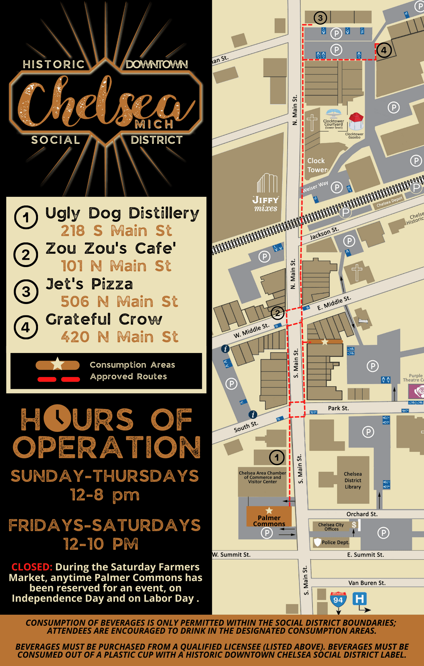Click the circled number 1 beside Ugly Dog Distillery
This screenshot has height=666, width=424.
coord(26,217)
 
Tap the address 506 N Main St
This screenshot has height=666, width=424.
coord(119,302)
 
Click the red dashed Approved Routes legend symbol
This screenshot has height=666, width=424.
coord(59,379)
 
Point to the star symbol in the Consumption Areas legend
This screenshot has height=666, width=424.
coord(58,364)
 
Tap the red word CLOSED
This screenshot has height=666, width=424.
coord(32,567)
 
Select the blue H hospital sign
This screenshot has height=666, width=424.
coord(359,599)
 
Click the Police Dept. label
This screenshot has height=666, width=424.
coord(335,542)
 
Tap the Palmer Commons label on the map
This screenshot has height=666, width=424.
coord(269,520)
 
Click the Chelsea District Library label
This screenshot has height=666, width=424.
coord(353,480)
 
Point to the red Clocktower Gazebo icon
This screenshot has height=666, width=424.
coord(356,121)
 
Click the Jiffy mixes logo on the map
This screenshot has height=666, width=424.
coord(266,194)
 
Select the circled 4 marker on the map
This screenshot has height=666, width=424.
coord(384,50)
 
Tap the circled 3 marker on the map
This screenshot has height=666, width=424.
coord(320,18)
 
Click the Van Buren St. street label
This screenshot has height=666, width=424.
coord(367,583)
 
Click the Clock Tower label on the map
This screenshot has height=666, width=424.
coord(317,165)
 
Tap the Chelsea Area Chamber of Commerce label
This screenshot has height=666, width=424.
coord(262,477)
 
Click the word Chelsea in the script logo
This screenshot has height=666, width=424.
coord(100,102)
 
